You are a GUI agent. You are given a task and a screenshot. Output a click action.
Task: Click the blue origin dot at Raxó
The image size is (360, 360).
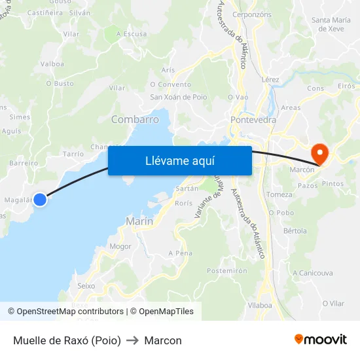pyautogui.click(x=40, y=199)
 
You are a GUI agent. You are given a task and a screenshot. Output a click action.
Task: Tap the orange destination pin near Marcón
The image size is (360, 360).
pyautogui.click(x=320, y=154)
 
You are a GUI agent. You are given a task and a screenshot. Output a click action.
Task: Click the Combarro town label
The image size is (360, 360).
pyautogui.click(x=135, y=119)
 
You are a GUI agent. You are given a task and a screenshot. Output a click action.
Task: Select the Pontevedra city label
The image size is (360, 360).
pyautogui.click(x=253, y=120)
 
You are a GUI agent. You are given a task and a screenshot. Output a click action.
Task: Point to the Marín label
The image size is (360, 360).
pyautogui.click(x=139, y=221)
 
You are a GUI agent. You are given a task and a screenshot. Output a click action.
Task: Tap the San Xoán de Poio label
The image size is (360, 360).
pyautogui.click(x=179, y=97)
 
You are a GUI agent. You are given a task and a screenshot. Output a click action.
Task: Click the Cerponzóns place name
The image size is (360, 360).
pyautogui.click(x=251, y=14)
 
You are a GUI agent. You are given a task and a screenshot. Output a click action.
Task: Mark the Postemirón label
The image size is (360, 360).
pyautogui.click(x=226, y=270)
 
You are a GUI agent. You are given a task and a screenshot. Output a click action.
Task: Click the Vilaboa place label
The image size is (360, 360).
pyautogui.click(x=260, y=305)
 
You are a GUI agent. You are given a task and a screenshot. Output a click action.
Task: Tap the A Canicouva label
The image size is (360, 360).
pyautogui.click(x=312, y=272)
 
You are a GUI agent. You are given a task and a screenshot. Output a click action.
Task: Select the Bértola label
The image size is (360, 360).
pyautogui.click(x=295, y=231)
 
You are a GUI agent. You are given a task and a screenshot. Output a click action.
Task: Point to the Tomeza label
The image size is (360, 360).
pyautogui.click(x=279, y=194)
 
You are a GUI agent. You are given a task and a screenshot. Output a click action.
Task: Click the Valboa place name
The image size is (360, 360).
pyautogui.click(x=52, y=63)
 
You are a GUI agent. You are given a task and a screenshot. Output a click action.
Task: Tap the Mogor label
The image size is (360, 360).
pyautogui.click(x=120, y=247)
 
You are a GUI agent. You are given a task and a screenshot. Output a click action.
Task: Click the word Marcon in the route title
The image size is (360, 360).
pyautogui.click(x=163, y=340)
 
